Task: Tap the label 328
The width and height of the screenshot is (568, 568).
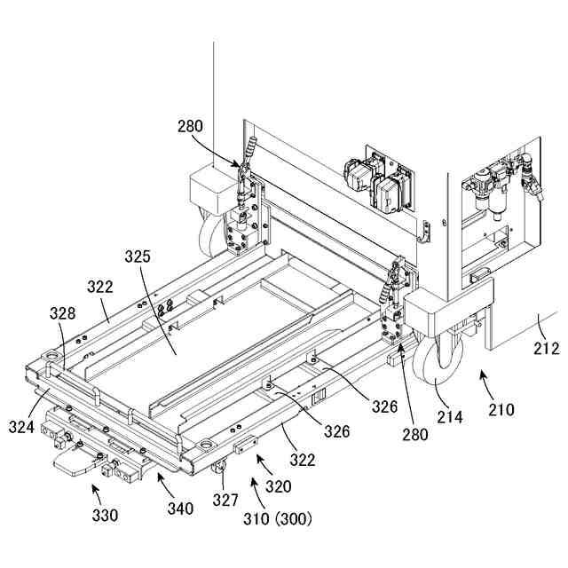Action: click(63, 313)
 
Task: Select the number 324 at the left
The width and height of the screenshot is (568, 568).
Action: click(23, 428)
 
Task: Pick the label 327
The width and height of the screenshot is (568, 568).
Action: click(225, 500)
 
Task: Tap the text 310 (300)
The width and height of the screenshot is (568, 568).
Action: click(278, 517)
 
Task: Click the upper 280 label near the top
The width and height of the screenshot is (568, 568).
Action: click(190, 128)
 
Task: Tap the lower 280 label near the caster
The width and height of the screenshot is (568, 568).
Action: click(414, 434)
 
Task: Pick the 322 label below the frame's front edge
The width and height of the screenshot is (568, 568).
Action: click(303, 460)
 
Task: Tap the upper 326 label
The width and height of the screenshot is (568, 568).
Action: click(384, 407)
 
